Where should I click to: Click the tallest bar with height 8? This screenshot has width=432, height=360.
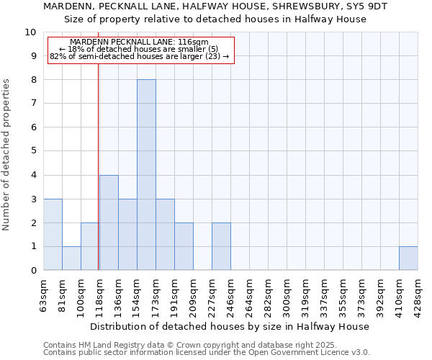pos(146,175)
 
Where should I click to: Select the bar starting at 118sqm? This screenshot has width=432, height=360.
pos(109,222)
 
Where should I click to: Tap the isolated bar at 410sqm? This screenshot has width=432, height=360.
pos(408,258)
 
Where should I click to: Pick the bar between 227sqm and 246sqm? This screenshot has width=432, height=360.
pos(221,246)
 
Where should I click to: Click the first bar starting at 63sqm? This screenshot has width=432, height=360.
pos(53,235)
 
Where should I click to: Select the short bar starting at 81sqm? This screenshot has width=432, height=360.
pos(71,258)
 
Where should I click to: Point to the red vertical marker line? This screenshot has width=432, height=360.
pos(98,158)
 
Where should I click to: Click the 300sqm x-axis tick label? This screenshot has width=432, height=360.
pos(287,295)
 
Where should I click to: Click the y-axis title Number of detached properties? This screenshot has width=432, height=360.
pos(7,156)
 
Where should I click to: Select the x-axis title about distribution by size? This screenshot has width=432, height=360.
pos(230,326)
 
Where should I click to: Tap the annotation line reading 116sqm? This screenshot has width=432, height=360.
pos(140,42)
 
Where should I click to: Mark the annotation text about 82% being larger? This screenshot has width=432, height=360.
pos(140,56)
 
